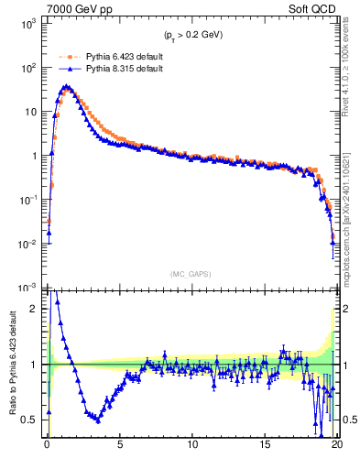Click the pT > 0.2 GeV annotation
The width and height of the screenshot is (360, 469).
tap(192, 35)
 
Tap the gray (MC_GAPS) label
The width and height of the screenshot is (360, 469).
tap(192, 273)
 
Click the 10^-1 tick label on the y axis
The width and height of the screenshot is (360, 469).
tap(27, 200)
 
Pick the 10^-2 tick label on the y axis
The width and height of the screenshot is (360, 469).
tap(27, 244)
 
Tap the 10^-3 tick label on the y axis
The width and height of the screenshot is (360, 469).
tap(27, 287)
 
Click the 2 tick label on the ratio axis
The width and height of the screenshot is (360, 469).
tap(37, 309)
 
